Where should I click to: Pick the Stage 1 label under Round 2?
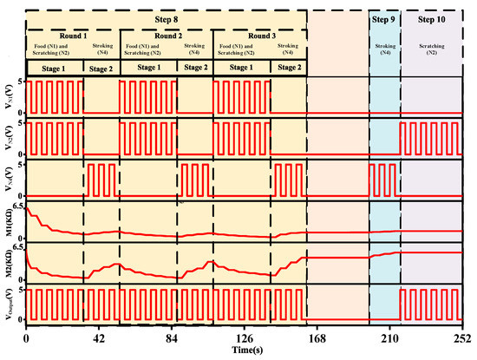click(x=147, y=66)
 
